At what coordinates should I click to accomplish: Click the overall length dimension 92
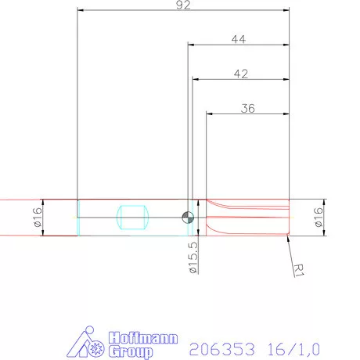click(184, 5)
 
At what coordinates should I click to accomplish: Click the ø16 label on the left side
click(37, 216)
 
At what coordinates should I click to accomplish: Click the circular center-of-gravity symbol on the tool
click(187, 217)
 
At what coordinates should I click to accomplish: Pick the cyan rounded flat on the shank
click(131, 217)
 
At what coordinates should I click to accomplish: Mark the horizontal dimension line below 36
click(248, 114)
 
